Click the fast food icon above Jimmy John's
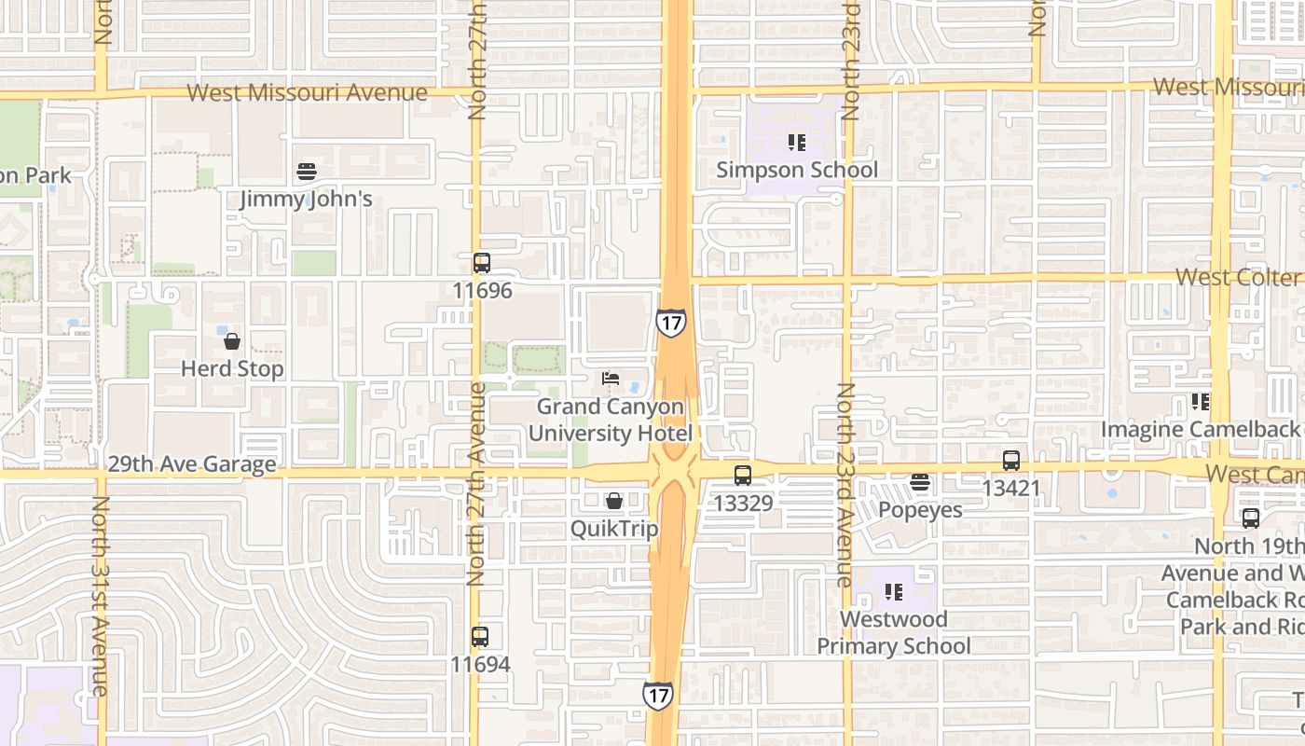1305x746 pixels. [307, 172]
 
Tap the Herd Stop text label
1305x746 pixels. [232, 369]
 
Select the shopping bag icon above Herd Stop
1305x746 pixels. [232, 341]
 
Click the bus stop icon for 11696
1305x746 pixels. [482, 263]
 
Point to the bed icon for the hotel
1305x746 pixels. [611, 379]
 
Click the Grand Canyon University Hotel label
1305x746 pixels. [610, 421]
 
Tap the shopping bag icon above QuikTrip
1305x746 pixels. [614, 502]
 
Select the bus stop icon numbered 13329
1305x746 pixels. [743, 476]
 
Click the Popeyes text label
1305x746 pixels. [920, 510]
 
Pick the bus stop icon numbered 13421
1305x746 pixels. [1011, 461]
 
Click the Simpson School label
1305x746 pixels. [797, 170]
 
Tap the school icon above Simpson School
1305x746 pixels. [797, 143]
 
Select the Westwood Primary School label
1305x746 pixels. [894, 632]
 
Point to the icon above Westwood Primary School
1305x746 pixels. [894, 592]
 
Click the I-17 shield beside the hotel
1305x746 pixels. [671, 323]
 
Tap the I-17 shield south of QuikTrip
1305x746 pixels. [658, 695]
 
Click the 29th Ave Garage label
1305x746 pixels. [192, 464]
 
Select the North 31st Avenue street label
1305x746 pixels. [101, 597]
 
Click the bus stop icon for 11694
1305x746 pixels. [480, 638]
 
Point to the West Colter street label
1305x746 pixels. [1237, 278]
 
